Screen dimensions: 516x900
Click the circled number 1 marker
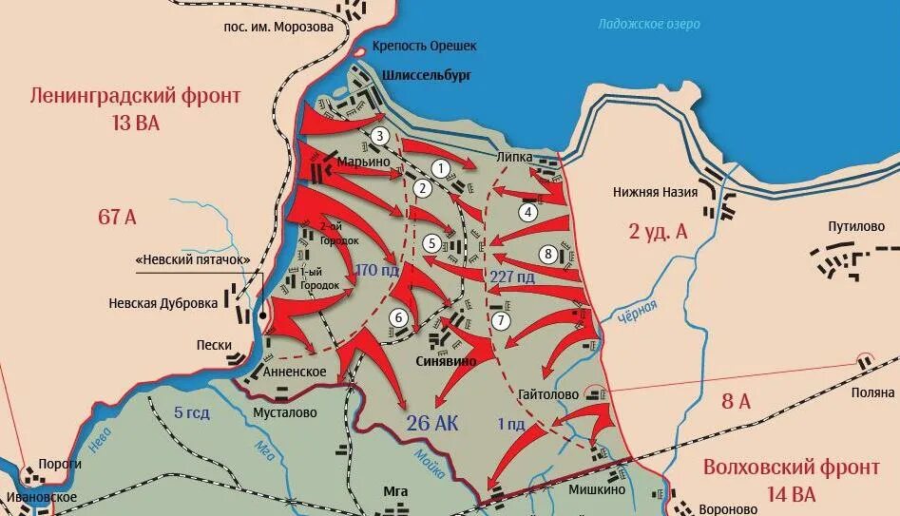(x=440, y=168)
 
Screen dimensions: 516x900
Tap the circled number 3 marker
(x=379, y=136)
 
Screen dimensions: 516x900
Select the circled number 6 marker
(x=399, y=317)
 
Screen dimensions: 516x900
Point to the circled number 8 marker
(x=546, y=253)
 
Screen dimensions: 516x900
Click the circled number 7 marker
(x=501, y=320)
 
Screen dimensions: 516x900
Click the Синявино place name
(x=447, y=362)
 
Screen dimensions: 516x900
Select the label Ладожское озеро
(x=649, y=24)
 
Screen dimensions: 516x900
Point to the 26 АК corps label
(x=432, y=423)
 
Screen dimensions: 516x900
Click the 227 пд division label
(x=511, y=277)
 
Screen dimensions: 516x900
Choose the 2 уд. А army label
(x=657, y=232)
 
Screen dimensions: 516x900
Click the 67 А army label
(x=117, y=217)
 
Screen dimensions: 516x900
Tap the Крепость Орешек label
(x=424, y=46)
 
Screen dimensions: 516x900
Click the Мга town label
(x=395, y=490)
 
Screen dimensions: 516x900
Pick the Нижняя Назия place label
(x=655, y=192)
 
